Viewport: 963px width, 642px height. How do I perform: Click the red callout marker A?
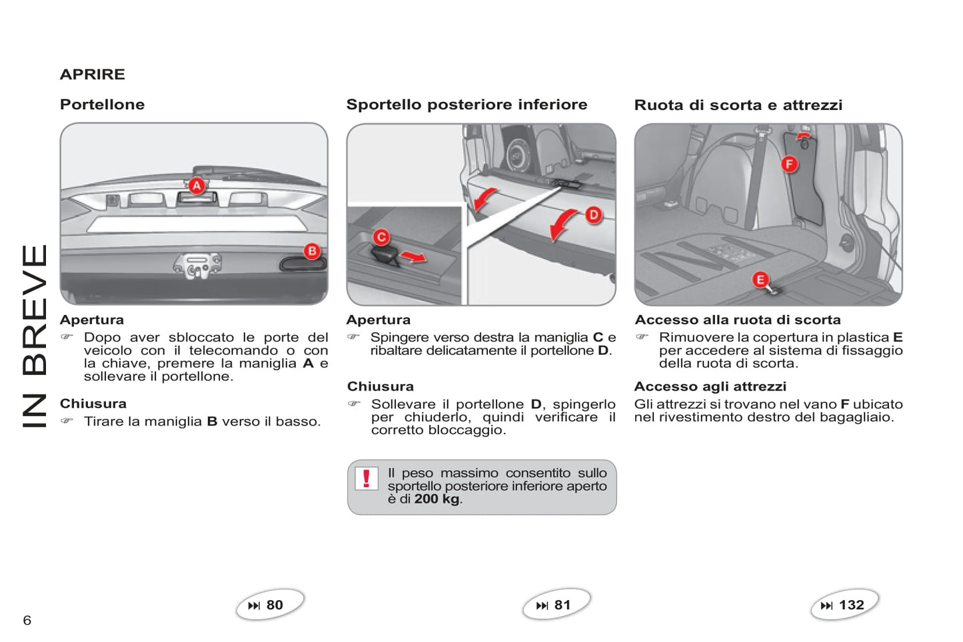coord(196,185)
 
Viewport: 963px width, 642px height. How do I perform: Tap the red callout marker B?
coord(312,250)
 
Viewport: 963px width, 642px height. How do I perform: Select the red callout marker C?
coord(381,236)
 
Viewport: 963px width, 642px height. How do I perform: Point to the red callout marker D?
coord(593,214)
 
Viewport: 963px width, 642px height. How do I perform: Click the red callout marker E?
coord(760,280)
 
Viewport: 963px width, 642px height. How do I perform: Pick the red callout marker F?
coord(790,163)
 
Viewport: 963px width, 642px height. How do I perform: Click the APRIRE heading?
coord(93,75)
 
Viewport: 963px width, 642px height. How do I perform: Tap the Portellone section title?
coord(102,105)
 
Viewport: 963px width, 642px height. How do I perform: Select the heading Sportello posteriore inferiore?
coord(467,105)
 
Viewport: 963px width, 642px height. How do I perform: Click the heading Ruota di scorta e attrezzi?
coord(738,105)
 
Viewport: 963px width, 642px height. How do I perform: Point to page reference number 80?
coord(274,605)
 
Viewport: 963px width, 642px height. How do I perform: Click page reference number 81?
coord(562,605)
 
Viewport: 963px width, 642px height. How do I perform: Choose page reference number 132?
coord(851,605)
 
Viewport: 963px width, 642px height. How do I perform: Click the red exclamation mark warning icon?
coord(366,478)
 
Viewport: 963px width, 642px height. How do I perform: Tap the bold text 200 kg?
coord(437,499)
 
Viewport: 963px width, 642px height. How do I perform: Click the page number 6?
coord(27,621)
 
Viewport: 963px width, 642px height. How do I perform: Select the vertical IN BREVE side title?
coord(35,336)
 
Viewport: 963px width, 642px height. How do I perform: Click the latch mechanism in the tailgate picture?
coord(197,266)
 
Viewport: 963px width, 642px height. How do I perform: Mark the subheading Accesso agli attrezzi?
coord(710,387)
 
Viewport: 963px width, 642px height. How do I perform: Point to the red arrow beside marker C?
coord(414,256)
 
